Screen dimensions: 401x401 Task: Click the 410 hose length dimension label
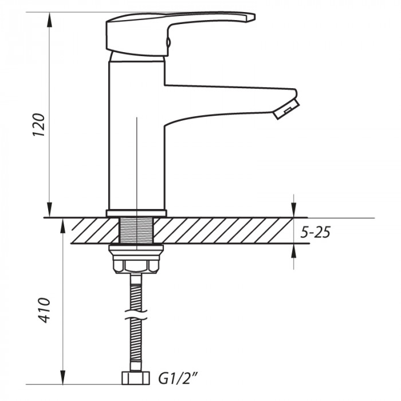click(x=44, y=310)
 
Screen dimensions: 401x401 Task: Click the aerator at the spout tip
click(x=286, y=108)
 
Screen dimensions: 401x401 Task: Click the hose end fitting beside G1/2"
click(x=136, y=378)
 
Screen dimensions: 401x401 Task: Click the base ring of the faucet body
click(x=136, y=213)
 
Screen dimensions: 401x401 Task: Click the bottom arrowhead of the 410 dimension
click(x=62, y=379)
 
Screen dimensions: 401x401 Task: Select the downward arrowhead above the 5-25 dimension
click(x=294, y=212)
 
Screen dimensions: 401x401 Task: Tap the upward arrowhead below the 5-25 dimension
click(x=294, y=250)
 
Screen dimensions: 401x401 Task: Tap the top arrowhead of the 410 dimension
click(x=62, y=224)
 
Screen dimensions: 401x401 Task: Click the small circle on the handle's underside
click(x=168, y=41)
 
